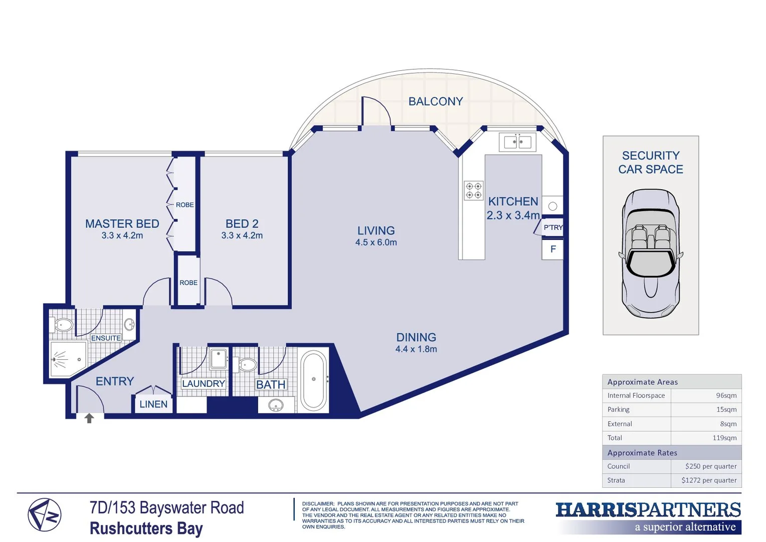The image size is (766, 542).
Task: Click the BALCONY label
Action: pos(435,101)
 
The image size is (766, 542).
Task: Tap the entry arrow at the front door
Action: pos(89,418)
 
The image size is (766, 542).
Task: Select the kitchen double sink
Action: pos(517,142)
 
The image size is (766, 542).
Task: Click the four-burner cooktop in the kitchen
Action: pos(473,191)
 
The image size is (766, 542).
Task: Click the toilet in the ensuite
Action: pos(62,325)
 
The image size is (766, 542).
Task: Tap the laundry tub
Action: pos(219,359)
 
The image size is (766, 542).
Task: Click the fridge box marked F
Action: pos(552,249)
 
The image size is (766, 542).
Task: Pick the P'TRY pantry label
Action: pos(553,227)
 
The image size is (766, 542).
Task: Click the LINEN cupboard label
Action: pos(153,404)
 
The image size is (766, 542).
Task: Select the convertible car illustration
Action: pos(651,253)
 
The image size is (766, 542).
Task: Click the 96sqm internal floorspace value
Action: pos(726,395)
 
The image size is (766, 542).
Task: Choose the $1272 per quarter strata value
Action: pos(709,480)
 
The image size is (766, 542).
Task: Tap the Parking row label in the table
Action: pos(618,410)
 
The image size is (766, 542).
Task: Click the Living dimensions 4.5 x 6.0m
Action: pos(376,242)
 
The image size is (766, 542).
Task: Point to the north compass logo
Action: pos(45,515)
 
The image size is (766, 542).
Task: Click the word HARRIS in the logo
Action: pos(596,510)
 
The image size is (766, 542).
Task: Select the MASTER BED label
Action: pos(122,224)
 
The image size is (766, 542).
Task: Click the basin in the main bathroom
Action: pos(276,405)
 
